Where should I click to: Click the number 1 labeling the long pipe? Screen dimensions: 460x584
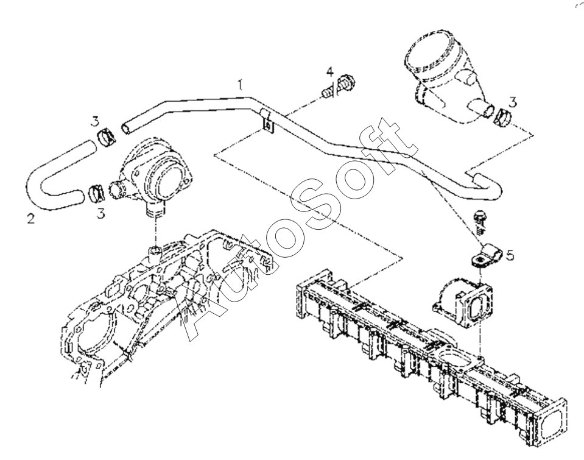point(241,85)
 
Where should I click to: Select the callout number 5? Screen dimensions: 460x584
point(510,255)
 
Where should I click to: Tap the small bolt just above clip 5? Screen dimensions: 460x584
point(480,220)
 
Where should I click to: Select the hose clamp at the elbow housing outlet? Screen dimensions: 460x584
point(504,115)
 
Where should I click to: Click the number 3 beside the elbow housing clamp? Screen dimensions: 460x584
point(513,102)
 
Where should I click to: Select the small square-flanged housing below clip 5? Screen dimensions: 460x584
point(460,299)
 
